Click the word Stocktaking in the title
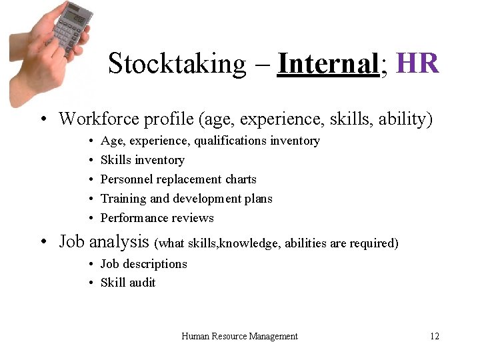coord(167,64)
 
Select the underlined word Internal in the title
coord(327,64)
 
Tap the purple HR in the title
coord(417,64)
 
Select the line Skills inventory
coord(142,160)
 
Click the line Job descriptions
coord(143,264)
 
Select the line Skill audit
coord(127,283)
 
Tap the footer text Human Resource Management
coord(239,337)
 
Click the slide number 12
coord(435,337)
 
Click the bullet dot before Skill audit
coord(90,283)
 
